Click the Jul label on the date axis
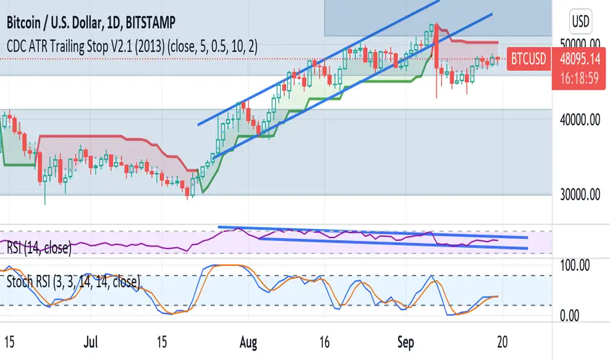pos(90,342)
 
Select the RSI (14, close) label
pos(39,247)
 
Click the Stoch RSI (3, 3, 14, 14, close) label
pos(73,283)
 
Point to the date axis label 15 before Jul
pos(10,342)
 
